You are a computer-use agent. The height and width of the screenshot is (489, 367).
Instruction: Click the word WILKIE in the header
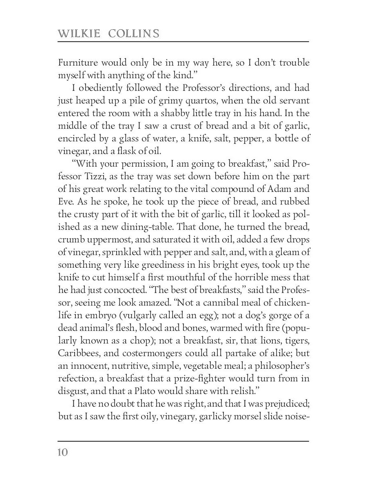(x=79, y=33)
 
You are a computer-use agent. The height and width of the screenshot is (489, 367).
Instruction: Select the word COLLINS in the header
(x=134, y=33)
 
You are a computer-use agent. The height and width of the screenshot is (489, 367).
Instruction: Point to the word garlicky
(x=223, y=417)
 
